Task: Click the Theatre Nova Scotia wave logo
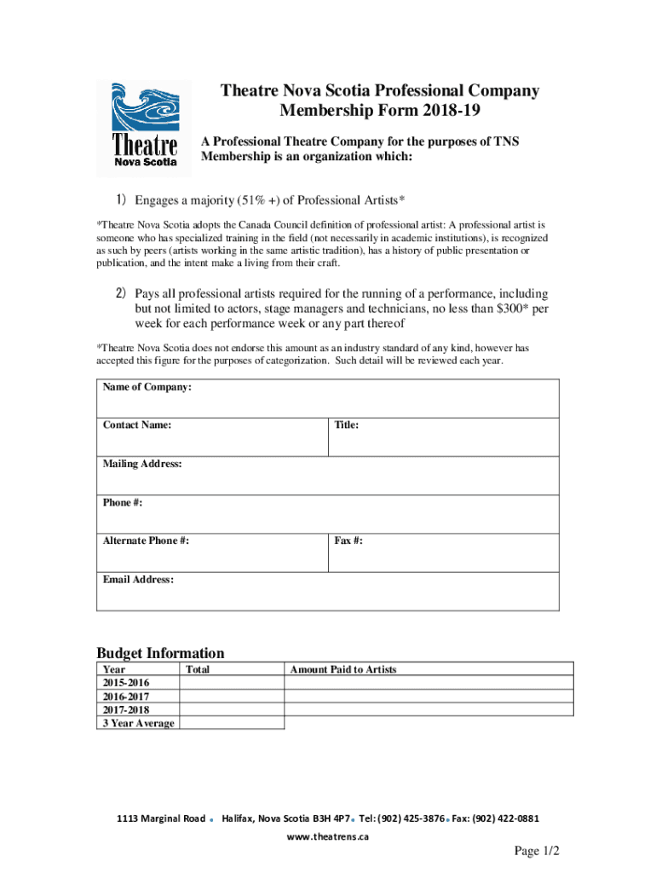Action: click(x=144, y=124)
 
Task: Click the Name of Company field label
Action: click(x=147, y=388)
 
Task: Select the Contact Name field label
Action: click(x=137, y=425)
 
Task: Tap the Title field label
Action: click(x=347, y=425)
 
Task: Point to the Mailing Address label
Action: click(x=142, y=464)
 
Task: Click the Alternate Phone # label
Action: click(x=146, y=541)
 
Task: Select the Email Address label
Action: click(x=138, y=580)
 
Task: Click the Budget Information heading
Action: click(x=161, y=653)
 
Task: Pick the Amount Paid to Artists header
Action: click(x=343, y=670)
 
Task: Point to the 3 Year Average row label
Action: click(x=138, y=723)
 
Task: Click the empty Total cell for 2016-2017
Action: click(x=232, y=697)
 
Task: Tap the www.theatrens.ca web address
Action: click(x=328, y=837)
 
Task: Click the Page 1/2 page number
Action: click(x=536, y=852)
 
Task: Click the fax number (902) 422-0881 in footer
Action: click(x=507, y=818)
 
